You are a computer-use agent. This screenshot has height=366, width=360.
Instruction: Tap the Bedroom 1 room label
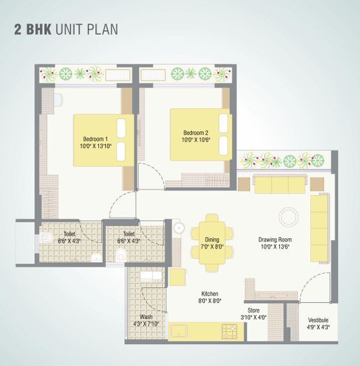(x=96, y=139)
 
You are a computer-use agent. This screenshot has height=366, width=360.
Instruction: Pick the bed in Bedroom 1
(x=103, y=140)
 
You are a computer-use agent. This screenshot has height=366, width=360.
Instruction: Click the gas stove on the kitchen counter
(x=231, y=332)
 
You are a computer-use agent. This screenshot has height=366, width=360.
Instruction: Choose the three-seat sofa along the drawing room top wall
(x=280, y=185)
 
